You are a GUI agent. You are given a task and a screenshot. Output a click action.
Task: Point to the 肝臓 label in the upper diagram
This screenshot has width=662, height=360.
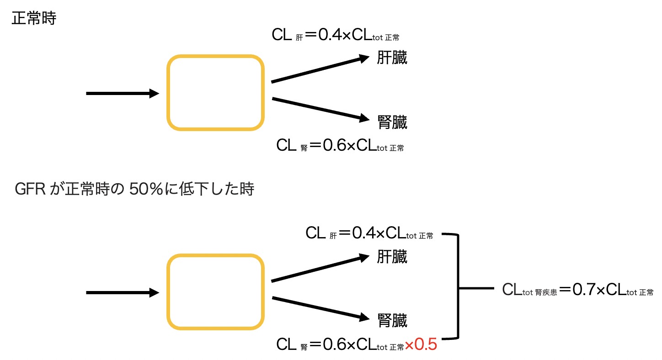click(x=392, y=59)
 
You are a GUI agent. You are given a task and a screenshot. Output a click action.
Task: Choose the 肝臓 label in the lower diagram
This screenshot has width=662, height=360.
click(x=392, y=258)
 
